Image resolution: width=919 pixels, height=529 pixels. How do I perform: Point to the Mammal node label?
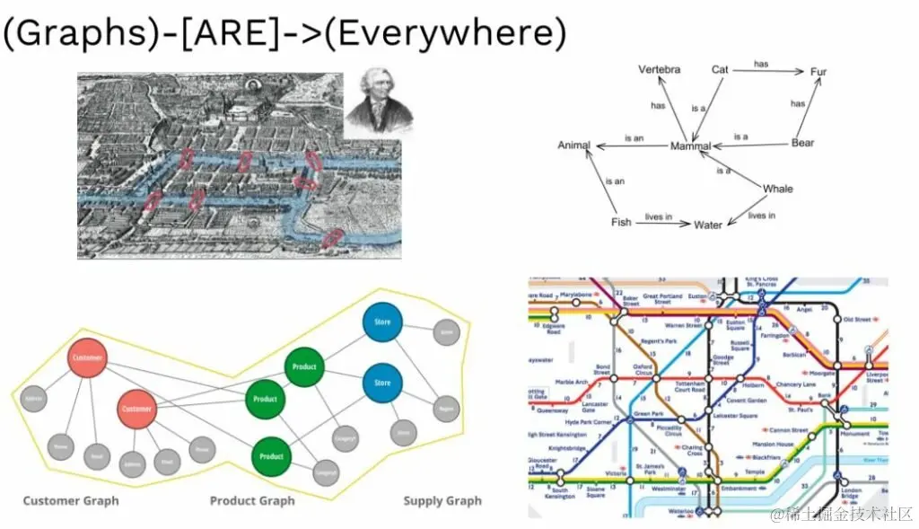tap(690, 146)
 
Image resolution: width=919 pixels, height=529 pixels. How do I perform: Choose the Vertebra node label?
tap(659, 69)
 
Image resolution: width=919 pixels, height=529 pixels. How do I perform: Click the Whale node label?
tap(777, 189)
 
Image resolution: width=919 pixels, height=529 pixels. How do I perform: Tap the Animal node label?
tap(574, 145)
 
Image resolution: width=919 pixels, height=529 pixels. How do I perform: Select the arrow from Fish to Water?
tap(663, 223)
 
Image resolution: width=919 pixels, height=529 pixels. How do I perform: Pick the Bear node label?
tap(802, 143)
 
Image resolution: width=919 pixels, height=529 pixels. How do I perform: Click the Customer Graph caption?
tap(71, 501)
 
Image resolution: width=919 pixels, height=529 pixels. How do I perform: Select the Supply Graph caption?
tap(442, 501)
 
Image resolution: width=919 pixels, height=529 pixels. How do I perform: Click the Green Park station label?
tap(648, 414)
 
